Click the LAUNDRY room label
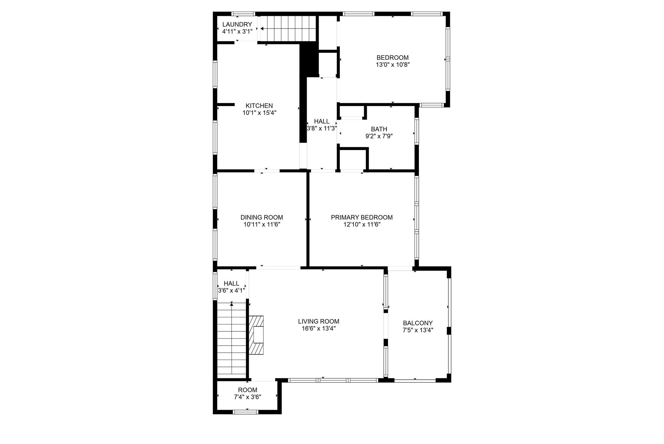click(237, 24)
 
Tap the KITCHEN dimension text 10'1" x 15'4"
click(259, 113)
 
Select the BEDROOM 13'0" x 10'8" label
click(392, 61)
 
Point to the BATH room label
click(379, 129)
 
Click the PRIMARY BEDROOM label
click(362, 217)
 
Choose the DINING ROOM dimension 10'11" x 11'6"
click(262, 224)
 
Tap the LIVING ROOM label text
click(319, 322)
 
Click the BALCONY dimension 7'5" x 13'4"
click(418, 330)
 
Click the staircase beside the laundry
click(288, 28)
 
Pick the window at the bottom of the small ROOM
click(246, 412)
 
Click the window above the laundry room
click(243, 14)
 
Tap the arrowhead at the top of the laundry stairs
click(262, 28)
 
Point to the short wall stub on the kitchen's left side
click(226, 104)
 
